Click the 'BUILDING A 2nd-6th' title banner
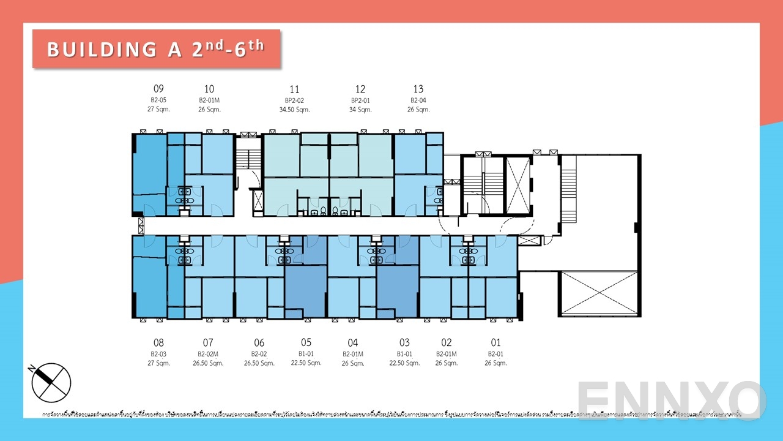coord(156,48)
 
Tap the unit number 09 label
coord(158,89)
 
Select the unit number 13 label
coord(418,89)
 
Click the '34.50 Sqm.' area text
coord(295,110)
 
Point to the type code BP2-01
coord(360,100)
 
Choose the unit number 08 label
coord(158,343)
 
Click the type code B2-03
coord(158,354)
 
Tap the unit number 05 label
coord(306,343)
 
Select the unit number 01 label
coord(495,343)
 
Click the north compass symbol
coord(51,382)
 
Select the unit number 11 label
coord(295,89)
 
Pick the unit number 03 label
coord(404,343)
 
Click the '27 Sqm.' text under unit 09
coord(158,110)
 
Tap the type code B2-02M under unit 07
coord(208,354)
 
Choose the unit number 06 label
coord(259,343)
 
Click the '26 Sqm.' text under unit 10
coord(209,110)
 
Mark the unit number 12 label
coord(360,89)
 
